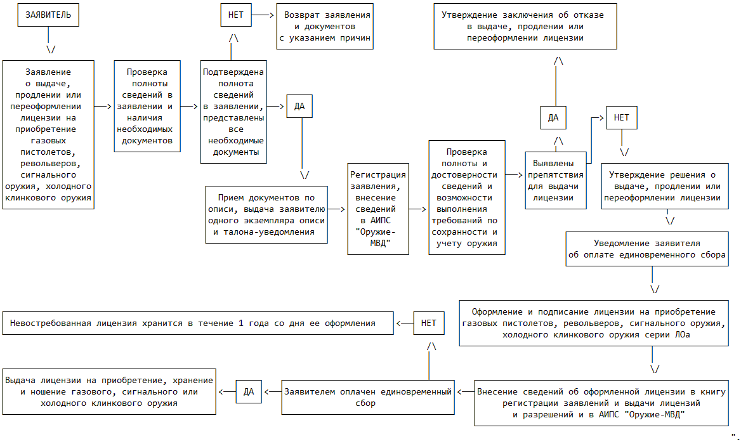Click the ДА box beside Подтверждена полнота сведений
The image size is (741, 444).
(299, 107)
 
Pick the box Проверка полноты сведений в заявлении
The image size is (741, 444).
(147, 106)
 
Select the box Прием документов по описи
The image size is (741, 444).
(266, 215)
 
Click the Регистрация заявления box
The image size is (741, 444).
(378, 209)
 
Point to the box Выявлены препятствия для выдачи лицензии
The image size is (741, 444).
(555, 180)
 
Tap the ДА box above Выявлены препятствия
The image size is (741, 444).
(553, 117)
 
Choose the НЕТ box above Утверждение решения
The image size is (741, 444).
(622, 117)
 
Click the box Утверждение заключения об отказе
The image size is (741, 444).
(525, 27)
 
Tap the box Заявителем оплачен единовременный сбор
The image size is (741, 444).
(368, 397)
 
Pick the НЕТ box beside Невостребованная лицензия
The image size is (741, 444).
(429, 323)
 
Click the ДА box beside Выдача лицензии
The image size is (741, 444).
(249, 392)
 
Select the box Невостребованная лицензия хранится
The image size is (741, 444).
(197, 323)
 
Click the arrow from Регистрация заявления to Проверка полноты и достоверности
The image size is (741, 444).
(419, 208)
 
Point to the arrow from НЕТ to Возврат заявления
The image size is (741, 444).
(263, 14)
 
